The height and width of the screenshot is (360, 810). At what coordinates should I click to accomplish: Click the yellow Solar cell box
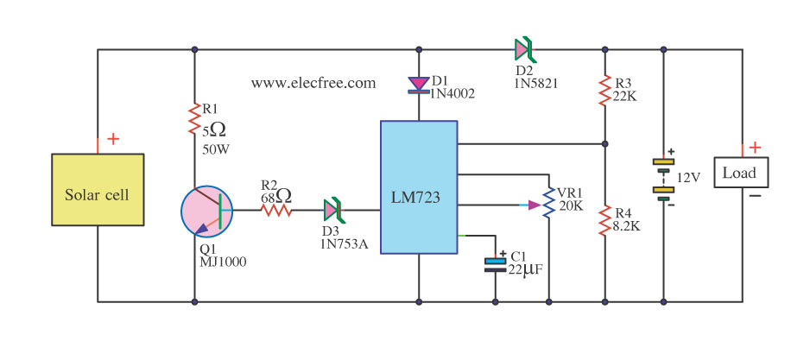[97, 194]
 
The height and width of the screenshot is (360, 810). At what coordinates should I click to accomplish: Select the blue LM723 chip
[419, 188]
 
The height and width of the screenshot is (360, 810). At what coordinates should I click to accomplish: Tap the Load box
[739, 173]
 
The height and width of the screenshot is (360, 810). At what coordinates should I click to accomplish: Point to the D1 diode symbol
[419, 84]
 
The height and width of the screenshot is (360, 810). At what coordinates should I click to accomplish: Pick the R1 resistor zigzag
[194, 118]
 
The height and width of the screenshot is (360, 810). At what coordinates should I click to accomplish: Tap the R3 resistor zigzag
[605, 88]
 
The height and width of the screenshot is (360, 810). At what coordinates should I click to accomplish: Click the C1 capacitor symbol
[495, 263]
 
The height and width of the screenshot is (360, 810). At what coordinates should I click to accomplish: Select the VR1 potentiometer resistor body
[549, 205]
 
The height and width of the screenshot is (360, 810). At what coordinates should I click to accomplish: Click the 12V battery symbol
[662, 178]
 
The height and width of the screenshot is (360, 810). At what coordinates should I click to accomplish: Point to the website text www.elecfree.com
[313, 84]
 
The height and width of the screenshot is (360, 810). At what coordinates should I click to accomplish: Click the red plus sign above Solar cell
[113, 139]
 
